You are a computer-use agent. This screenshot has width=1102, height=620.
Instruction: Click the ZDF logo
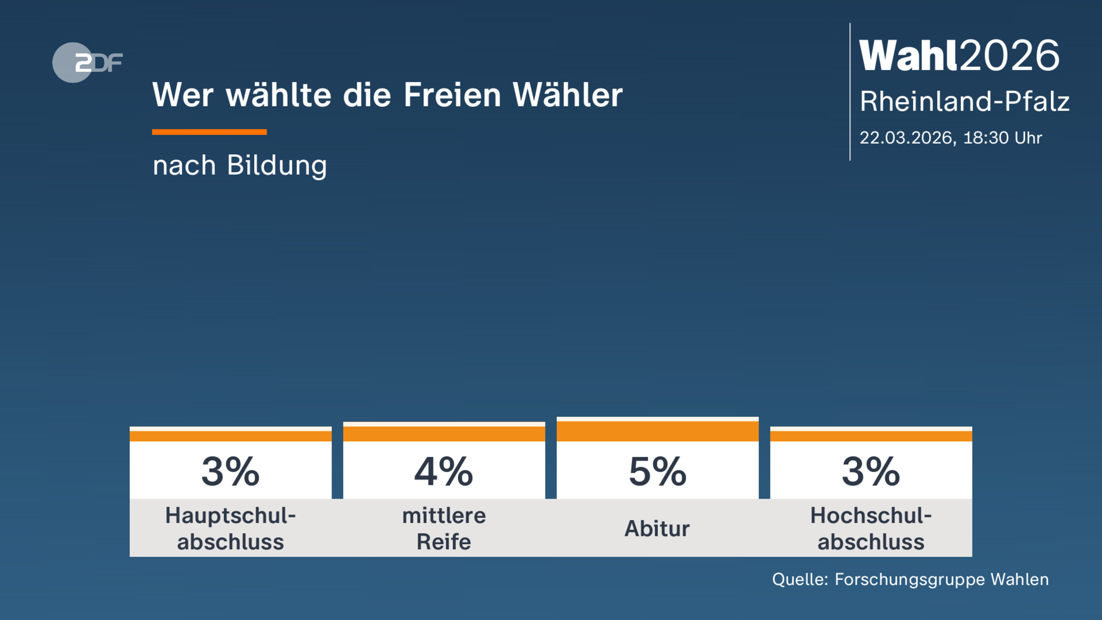click(87, 62)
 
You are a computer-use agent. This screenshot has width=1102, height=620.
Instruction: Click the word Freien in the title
click(452, 95)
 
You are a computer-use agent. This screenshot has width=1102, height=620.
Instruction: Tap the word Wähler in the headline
click(568, 95)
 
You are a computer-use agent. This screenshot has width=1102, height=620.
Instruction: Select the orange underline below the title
click(209, 132)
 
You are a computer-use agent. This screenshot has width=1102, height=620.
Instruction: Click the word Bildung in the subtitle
click(277, 165)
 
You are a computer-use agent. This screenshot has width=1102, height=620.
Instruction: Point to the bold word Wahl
click(909, 56)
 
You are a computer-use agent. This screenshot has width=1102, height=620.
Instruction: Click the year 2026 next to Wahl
click(1010, 56)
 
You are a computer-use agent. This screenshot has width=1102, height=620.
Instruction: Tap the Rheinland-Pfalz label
click(964, 101)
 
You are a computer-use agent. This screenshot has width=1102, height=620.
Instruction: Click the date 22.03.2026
click(908, 138)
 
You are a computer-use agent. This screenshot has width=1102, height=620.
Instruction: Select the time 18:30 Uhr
click(1002, 138)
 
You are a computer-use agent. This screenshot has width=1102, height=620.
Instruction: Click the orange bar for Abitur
click(658, 431)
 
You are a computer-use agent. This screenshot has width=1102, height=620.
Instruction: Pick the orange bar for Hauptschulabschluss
click(231, 436)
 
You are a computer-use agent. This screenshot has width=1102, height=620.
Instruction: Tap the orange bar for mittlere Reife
click(444, 433)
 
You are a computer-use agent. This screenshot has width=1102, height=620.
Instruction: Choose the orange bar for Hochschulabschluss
click(871, 436)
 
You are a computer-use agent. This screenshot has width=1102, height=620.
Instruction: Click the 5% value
click(658, 472)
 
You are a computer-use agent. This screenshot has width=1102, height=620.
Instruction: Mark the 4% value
click(444, 472)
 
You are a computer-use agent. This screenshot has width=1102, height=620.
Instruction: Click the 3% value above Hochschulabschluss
click(871, 472)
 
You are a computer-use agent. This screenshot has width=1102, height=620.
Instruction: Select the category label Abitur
click(657, 529)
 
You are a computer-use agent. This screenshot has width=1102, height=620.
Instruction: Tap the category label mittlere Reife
click(444, 529)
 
